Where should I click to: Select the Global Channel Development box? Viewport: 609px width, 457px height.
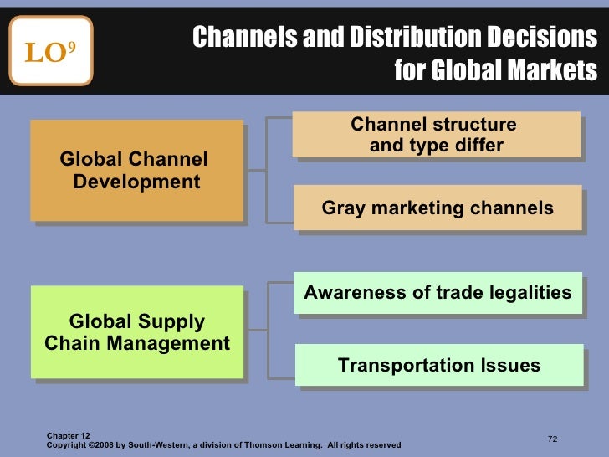(136, 171)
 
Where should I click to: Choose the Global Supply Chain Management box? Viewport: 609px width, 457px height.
(136, 332)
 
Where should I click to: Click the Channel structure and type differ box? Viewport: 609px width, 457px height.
(436, 135)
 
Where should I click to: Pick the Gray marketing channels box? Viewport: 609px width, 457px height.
(438, 208)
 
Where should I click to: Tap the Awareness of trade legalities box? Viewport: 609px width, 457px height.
(438, 293)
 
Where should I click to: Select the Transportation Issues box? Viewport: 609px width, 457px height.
(439, 366)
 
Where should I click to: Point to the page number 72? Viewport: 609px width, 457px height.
(552, 439)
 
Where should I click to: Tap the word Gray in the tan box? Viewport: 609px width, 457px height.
(343, 208)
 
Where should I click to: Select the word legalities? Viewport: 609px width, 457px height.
(530, 293)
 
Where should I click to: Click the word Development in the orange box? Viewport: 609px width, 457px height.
(136, 182)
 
